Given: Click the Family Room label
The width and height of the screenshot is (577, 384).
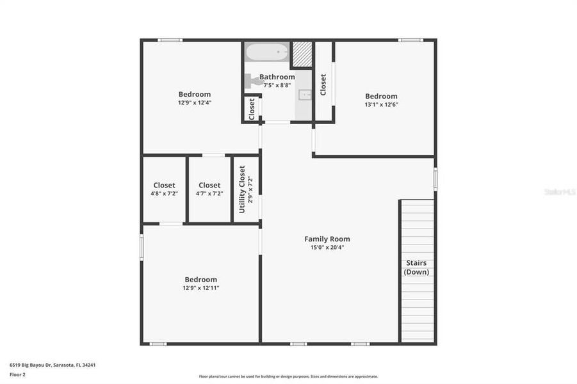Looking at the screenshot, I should [327, 239].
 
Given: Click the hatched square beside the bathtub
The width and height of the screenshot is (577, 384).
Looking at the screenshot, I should [302, 55].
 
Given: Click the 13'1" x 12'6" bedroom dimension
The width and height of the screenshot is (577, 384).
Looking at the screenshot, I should [381, 104].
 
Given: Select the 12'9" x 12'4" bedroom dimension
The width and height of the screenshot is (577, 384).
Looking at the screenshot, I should [195, 102].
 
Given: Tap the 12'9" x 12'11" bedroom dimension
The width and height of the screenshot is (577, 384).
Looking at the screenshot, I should [201, 288].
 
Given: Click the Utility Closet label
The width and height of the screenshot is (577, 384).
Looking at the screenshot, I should [242, 189].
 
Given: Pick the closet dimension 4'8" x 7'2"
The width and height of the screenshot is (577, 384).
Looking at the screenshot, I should [164, 193].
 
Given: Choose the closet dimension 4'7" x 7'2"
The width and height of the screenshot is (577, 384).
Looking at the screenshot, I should [209, 193].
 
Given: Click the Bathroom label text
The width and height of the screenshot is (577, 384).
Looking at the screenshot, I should [277, 77].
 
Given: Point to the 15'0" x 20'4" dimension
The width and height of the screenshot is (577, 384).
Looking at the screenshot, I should [327, 248].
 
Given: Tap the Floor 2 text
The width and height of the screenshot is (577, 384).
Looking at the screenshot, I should [17, 374].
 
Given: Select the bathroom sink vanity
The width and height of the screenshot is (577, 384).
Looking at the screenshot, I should [305, 95].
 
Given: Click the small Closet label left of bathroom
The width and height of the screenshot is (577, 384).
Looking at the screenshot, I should [252, 108].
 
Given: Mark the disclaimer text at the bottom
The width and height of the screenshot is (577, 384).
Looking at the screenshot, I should [288, 376].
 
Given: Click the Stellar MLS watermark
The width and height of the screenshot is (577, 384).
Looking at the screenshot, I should [558, 191].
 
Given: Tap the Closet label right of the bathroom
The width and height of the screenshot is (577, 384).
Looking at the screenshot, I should [323, 84].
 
